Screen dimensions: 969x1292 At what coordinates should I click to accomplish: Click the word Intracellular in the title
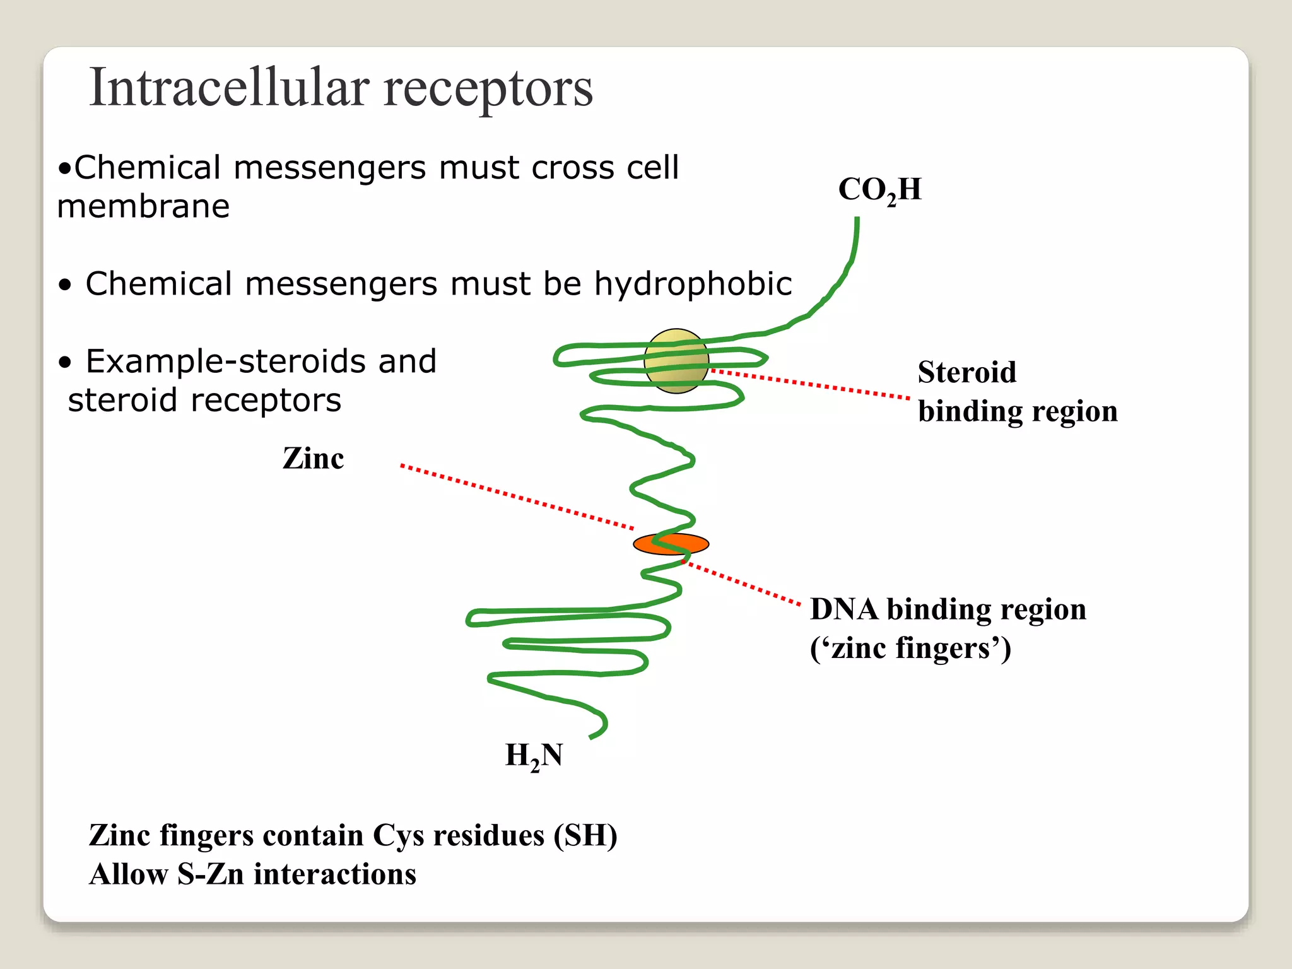tap(228, 88)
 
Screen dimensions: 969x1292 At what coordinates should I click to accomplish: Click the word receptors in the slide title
tap(488, 89)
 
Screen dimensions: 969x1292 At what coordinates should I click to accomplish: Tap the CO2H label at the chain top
tap(879, 189)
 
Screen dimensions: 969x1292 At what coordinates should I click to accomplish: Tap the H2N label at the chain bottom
tap(534, 755)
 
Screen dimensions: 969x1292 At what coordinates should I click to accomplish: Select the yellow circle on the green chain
tap(676, 361)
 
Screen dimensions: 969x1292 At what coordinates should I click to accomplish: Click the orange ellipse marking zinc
tap(671, 544)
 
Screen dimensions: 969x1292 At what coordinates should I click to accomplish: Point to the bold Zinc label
tap(313, 458)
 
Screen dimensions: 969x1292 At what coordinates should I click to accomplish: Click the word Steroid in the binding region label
tap(966, 372)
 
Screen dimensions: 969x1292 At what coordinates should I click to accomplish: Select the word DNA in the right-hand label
tap(843, 609)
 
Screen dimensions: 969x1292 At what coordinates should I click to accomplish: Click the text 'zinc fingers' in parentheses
tap(910, 649)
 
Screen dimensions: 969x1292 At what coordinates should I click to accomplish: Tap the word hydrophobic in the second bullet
tap(693, 284)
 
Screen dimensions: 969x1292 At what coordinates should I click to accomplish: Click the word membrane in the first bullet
tap(143, 207)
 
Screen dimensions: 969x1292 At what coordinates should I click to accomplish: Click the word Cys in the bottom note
tap(398, 836)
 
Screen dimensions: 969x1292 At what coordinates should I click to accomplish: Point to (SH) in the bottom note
tap(585, 836)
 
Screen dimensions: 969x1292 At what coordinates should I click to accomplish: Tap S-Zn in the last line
tap(210, 875)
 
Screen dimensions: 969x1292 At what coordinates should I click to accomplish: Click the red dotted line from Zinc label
tap(517, 497)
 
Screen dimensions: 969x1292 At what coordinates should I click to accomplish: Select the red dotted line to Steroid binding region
tap(811, 385)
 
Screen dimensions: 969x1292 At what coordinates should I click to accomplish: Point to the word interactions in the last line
tap(334, 875)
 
